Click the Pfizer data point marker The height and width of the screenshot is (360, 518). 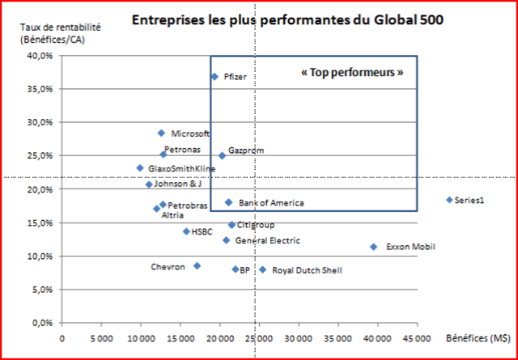214,77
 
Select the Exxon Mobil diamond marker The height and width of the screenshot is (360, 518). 373,247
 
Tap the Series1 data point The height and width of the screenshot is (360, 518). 449,200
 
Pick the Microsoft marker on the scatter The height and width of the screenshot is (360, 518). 161,133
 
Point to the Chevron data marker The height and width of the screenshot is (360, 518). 197,265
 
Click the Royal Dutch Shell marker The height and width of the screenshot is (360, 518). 262,269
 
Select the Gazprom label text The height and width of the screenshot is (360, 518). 246,150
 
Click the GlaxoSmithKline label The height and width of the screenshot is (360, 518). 182,168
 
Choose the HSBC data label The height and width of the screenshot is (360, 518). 202,231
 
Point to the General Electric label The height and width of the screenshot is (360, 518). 267,240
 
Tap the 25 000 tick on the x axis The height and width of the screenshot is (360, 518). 258,339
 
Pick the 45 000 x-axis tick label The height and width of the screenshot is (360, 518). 417,339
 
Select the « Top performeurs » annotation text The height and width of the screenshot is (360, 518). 351,72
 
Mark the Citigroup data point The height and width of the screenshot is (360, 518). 231,225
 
